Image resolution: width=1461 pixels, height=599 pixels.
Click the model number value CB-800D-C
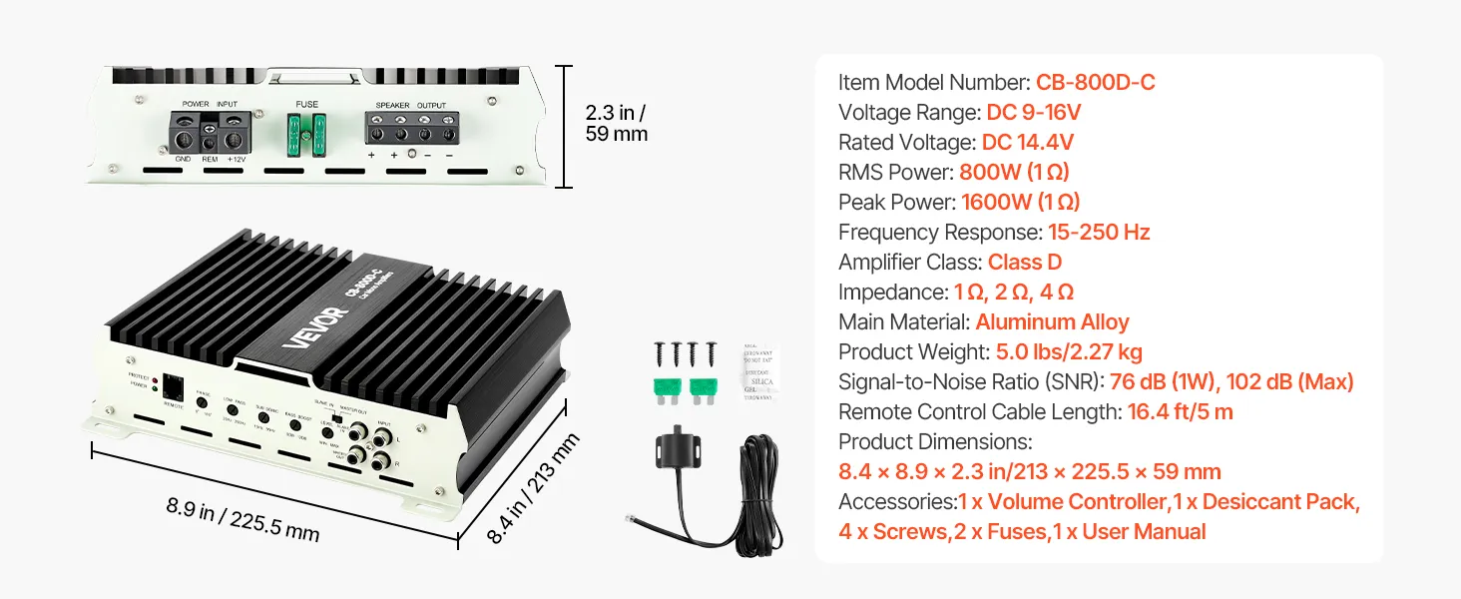pos(1095,82)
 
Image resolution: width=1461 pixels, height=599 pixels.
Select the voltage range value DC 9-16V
pos(1034,112)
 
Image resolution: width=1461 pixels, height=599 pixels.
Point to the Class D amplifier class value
pos(1024,262)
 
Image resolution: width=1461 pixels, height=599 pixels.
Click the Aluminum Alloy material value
pos(1052,321)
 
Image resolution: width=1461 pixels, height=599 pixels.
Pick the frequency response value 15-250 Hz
pos(1099,232)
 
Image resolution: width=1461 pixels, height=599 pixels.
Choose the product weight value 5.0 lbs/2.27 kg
pos(1069,351)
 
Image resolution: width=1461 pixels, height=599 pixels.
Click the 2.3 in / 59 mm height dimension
pos(616,123)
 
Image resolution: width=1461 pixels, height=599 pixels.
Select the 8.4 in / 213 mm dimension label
pos(533,488)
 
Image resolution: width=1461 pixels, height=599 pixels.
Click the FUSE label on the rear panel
pos(306,104)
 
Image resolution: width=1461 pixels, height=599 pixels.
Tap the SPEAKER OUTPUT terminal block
pos(411,130)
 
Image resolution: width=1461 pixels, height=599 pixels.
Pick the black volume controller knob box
pos(682,451)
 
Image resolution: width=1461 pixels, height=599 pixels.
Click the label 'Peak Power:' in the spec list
pos(896,202)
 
